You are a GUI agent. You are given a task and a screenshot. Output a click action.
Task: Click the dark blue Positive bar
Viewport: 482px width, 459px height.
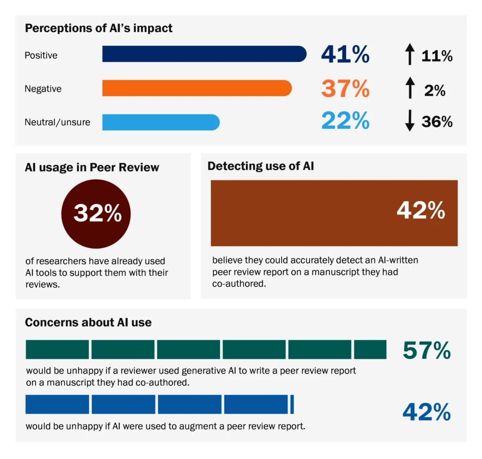(204, 54)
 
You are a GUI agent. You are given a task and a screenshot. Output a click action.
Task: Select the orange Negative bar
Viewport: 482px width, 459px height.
(197, 88)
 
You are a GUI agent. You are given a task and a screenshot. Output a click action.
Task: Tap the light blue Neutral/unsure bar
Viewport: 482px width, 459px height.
(161, 122)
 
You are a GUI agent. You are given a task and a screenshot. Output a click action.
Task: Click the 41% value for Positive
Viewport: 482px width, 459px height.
(345, 54)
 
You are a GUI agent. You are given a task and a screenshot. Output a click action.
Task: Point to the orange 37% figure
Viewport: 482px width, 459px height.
(345, 88)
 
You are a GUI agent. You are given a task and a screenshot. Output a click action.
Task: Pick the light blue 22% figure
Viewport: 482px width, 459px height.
(345, 120)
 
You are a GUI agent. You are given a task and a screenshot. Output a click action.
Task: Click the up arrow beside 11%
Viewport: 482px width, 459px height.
(409, 54)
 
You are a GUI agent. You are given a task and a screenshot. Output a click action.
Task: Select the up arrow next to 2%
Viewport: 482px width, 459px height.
(409, 88)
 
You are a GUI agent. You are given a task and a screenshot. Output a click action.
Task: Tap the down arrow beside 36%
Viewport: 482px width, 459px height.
(409, 120)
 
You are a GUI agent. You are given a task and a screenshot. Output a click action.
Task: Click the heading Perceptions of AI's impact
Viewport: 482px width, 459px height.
(98, 28)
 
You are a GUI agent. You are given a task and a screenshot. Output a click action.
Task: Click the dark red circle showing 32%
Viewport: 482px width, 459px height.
(96, 214)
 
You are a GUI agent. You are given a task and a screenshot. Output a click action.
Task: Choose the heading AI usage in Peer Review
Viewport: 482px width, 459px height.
(92, 167)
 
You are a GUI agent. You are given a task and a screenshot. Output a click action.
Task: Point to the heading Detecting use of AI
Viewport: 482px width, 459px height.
(261, 166)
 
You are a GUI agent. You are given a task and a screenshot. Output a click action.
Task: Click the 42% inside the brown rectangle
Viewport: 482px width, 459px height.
(421, 210)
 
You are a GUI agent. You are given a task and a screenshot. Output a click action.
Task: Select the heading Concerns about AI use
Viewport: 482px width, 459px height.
(88, 322)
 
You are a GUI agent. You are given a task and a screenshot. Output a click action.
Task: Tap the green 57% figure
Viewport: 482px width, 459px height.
(427, 350)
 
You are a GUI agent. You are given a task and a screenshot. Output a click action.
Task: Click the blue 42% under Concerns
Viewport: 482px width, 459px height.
(427, 412)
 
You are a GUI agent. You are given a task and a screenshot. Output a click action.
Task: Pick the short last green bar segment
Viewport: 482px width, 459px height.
(370, 349)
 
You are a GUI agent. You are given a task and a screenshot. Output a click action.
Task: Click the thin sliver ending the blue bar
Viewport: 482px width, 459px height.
(292, 404)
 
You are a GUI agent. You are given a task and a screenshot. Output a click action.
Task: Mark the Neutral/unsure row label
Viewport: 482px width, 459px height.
(57, 122)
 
